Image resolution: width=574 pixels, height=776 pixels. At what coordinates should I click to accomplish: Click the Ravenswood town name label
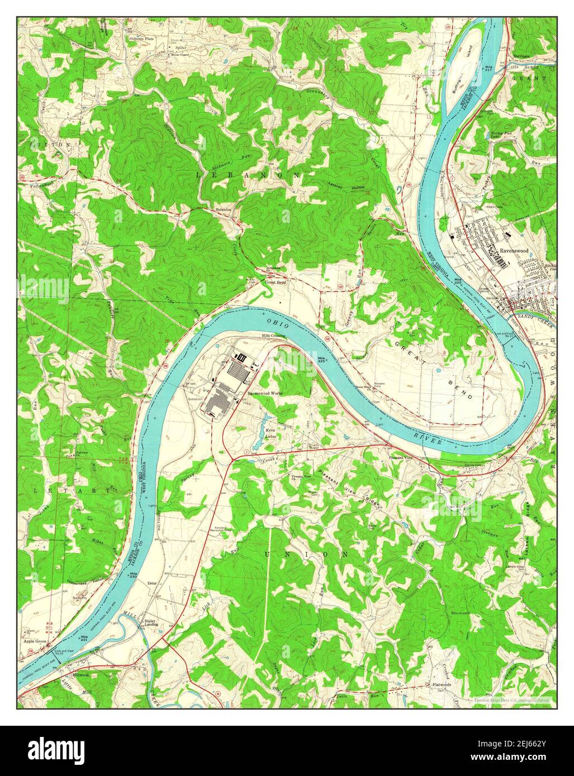pos(514,251)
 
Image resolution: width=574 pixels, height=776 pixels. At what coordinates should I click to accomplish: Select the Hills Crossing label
pos(274,336)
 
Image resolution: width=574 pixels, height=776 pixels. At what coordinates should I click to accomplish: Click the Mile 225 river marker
pos(321,360)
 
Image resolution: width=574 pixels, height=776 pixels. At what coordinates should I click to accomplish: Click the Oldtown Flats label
pos(141,39)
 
